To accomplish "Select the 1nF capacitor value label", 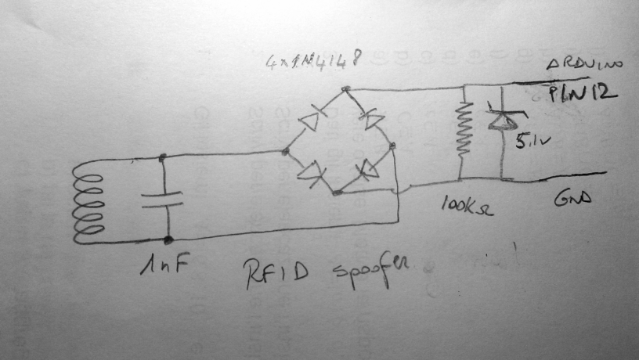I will coord(162,268).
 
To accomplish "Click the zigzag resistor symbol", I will coord(464,128).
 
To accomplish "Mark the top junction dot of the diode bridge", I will coord(345,92).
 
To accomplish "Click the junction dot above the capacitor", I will coord(162,158).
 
